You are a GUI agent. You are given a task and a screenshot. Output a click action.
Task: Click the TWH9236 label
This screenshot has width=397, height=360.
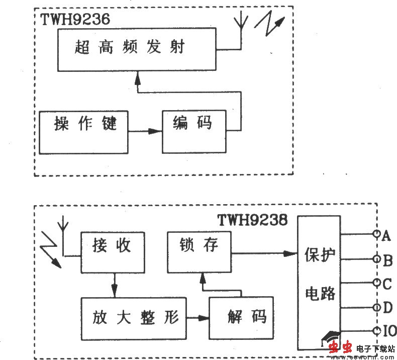point(75,20)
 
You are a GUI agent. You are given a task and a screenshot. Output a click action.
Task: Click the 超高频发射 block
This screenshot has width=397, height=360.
point(137,49)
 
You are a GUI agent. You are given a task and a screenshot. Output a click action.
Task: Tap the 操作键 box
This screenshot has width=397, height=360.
point(84,132)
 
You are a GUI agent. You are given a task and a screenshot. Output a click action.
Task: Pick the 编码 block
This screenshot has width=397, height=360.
point(193,131)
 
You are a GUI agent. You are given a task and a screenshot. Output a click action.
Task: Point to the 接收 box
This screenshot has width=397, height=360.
point(112,252)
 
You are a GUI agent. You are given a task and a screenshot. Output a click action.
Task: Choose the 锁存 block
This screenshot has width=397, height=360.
point(199,252)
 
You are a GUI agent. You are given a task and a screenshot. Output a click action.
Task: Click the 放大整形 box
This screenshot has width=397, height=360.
point(133,318)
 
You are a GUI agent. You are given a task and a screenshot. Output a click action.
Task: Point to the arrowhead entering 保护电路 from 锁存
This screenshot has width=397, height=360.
point(290,253)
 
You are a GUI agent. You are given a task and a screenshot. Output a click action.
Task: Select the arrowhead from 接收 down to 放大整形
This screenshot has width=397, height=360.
point(115,292)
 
